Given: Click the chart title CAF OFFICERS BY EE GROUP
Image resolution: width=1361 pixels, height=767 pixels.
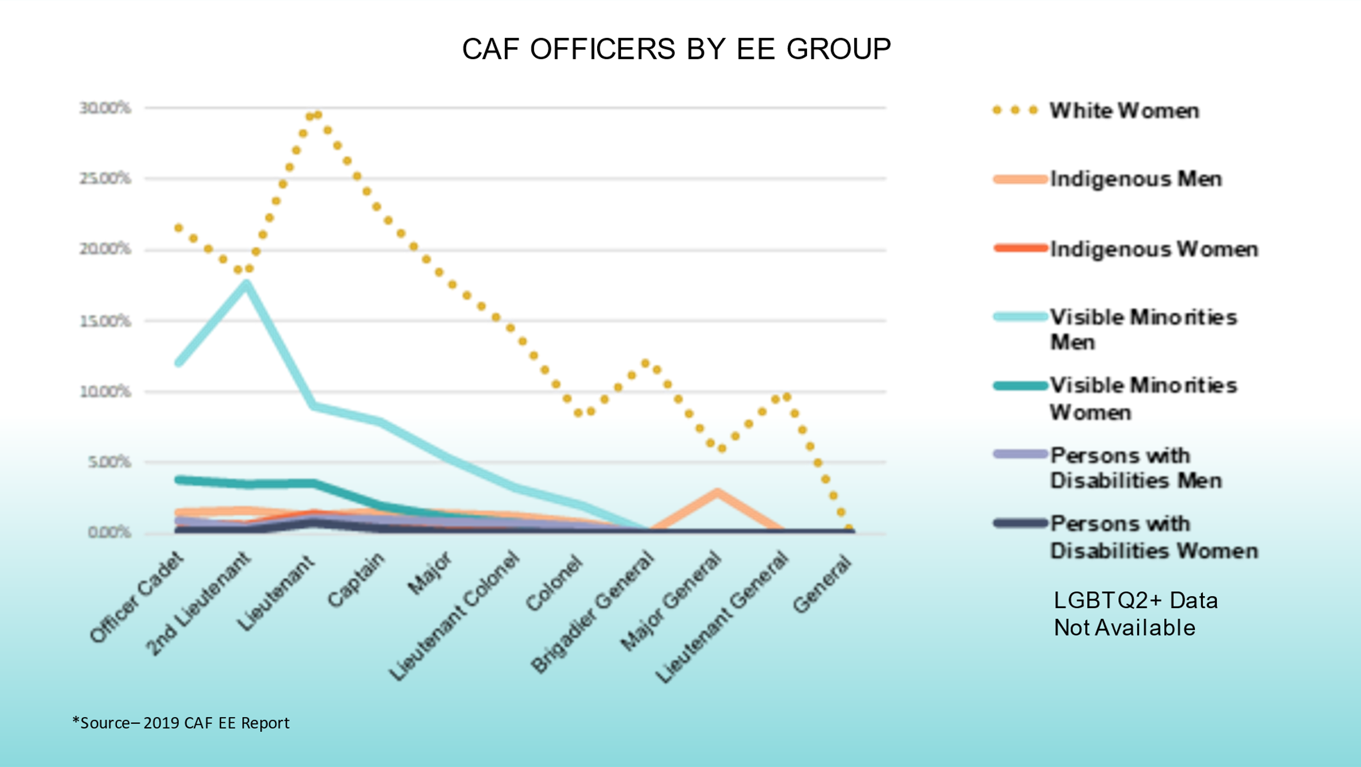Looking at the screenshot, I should (x=676, y=49).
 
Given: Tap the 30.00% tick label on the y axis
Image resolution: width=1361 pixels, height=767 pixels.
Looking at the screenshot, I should (x=105, y=108).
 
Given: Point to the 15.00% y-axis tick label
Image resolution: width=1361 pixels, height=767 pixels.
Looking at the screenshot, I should (x=105, y=321).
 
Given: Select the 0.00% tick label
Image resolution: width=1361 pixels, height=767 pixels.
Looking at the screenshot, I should (x=109, y=533).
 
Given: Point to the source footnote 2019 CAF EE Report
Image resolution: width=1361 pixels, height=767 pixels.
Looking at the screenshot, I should (x=181, y=723).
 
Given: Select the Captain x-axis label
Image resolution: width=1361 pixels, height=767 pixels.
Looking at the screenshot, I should (x=356, y=579).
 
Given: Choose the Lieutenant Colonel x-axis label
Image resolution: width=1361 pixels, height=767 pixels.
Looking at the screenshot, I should (x=454, y=616).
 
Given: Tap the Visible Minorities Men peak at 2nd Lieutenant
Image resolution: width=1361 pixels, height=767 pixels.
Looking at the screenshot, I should (x=246, y=283).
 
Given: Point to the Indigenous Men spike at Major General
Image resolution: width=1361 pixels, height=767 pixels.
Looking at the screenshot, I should (x=717, y=492).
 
